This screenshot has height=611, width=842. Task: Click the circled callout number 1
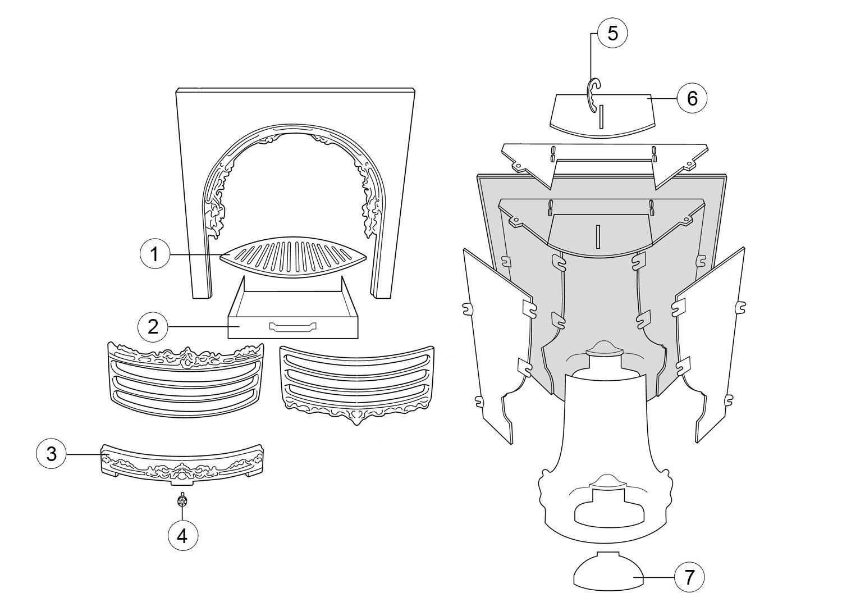(154, 254)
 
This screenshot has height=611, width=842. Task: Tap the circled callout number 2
(153, 327)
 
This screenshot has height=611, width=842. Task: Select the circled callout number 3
(51, 454)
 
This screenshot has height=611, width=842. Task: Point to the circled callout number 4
(182, 535)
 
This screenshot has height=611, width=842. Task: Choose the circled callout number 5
(613, 33)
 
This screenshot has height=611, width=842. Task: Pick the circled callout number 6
(692, 98)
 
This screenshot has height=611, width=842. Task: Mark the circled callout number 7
(689, 577)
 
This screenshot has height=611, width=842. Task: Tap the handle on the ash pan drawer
(292, 327)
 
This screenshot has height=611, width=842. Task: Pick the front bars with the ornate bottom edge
(357, 385)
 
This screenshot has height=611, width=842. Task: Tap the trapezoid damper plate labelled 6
(603, 116)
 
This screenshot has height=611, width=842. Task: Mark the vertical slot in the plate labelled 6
(601, 116)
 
